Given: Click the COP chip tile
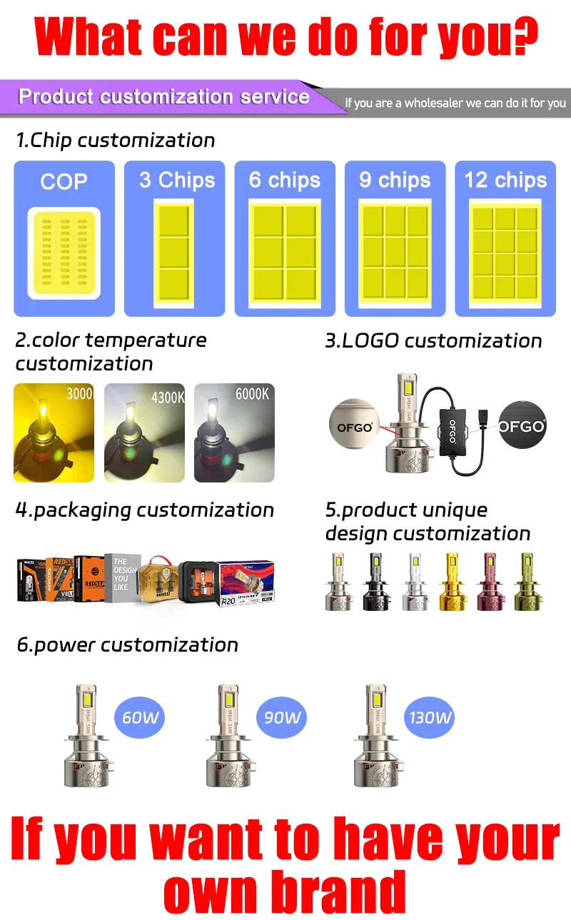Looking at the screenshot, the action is (x=64, y=238).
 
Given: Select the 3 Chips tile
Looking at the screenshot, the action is (x=175, y=238).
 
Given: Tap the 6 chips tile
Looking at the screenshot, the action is (x=285, y=238).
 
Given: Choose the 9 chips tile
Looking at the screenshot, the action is (x=395, y=238).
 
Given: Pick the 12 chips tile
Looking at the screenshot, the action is (x=505, y=238).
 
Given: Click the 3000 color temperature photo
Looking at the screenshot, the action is (x=54, y=433).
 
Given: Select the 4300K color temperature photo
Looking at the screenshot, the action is (x=145, y=433).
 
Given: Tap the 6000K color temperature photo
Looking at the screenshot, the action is (x=234, y=433).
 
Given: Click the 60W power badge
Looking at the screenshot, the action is (x=140, y=717).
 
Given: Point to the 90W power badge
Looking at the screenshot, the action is (x=282, y=717).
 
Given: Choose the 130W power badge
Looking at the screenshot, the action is (x=430, y=717).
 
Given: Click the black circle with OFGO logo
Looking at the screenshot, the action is (x=522, y=426).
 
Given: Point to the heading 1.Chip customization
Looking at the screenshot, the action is (x=116, y=140).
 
